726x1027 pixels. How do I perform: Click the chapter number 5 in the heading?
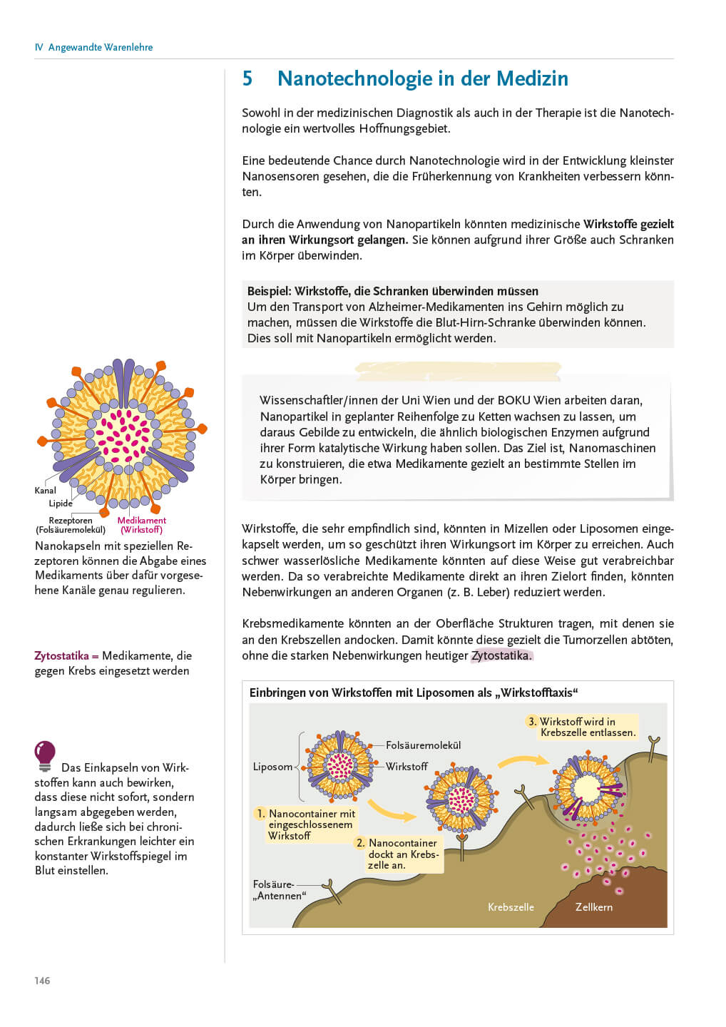[x=247, y=78]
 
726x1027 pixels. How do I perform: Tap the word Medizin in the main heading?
[x=532, y=78]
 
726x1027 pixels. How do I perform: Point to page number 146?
[x=42, y=981]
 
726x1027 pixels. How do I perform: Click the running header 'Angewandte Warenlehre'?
[x=100, y=47]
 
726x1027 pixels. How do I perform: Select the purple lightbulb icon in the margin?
[x=45, y=755]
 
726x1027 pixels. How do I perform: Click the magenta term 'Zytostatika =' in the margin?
[x=66, y=655]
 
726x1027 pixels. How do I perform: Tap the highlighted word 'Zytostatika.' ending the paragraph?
[x=501, y=655]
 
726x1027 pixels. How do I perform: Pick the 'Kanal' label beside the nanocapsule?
[x=45, y=491]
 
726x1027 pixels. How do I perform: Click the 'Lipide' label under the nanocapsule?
[x=61, y=504]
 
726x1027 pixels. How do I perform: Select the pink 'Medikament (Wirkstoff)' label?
[x=141, y=525]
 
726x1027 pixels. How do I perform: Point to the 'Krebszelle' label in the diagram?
[x=511, y=907]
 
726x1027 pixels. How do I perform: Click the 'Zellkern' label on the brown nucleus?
[x=593, y=907]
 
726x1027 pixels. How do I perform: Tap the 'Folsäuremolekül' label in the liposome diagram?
[x=423, y=745]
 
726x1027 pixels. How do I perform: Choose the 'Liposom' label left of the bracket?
[x=272, y=767]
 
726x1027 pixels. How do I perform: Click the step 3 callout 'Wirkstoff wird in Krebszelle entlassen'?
[x=581, y=727]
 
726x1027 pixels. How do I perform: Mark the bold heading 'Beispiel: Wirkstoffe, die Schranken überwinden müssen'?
[x=392, y=291]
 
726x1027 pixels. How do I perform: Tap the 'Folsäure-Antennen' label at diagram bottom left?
[x=279, y=890]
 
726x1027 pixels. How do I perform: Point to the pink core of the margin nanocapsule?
[x=122, y=434]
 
